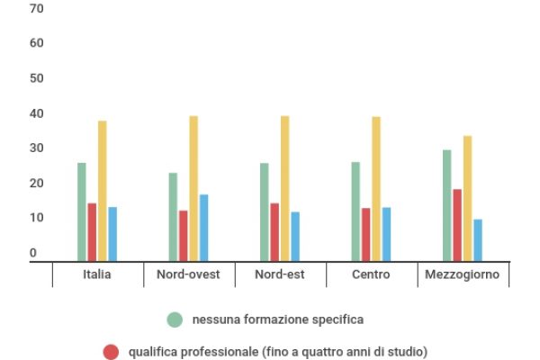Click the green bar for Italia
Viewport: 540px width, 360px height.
click(x=82, y=211)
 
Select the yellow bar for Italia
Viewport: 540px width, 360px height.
click(x=103, y=191)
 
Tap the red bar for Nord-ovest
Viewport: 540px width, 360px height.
click(x=184, y=236)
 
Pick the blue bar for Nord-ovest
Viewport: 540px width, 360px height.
click(x=203, y=228)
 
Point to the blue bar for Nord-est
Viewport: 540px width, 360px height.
click(x=295, y=236)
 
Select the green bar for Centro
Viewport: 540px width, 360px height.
click(x=355, y=211)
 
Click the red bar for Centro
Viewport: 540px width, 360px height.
click(x=366, y=235)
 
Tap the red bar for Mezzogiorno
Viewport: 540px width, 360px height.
click(x=457, y=225)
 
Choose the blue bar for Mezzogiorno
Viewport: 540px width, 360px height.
click(x=478, y=239)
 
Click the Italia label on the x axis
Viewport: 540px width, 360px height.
click(x=97, y=274)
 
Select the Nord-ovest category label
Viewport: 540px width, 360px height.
click(x=188, y=274)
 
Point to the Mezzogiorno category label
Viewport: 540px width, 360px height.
click(x=463, y=274)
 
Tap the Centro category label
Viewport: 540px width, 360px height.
click(x=371, y=274)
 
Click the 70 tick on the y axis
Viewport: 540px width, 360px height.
click(x=37, y=8)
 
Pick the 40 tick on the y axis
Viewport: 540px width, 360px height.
click(x=37, y=113)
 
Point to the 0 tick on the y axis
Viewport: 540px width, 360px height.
click(x=33, y=254)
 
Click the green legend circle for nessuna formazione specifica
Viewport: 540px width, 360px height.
click(x=175, y=319)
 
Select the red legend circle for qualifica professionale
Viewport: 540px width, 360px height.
click(x=111, y=352)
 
